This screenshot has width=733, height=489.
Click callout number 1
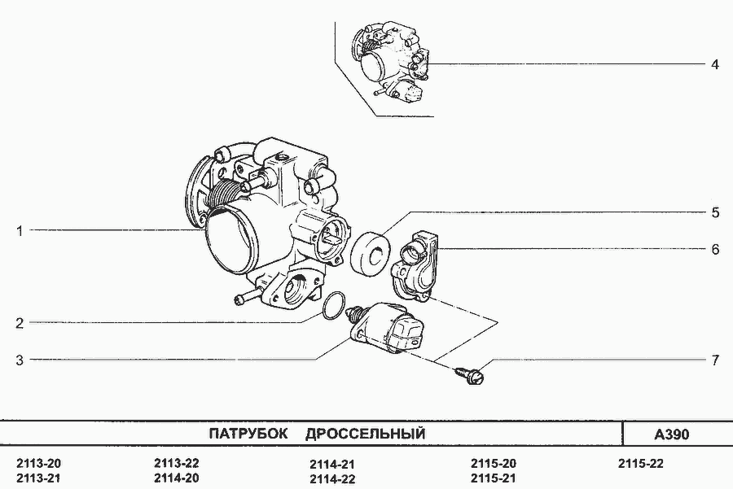[20, 231]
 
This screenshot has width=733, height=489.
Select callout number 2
[20, 323]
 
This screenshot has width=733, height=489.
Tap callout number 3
[20, 360]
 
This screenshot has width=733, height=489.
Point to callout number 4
[715, 64]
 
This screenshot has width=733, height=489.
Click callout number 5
[715, 213]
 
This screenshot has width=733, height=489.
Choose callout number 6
[715, 250]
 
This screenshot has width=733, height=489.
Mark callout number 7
[715, 360]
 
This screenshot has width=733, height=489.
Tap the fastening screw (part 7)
[470, 374]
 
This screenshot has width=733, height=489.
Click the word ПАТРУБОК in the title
[248, 434]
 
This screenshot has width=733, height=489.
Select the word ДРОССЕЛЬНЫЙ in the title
[365, 434]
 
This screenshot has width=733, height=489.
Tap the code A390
[671, 434]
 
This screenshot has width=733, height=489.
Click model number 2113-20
[39, 464]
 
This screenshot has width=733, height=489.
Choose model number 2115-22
[640, 464]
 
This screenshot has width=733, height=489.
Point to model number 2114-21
[332, 465]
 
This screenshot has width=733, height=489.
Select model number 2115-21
[494, 478]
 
